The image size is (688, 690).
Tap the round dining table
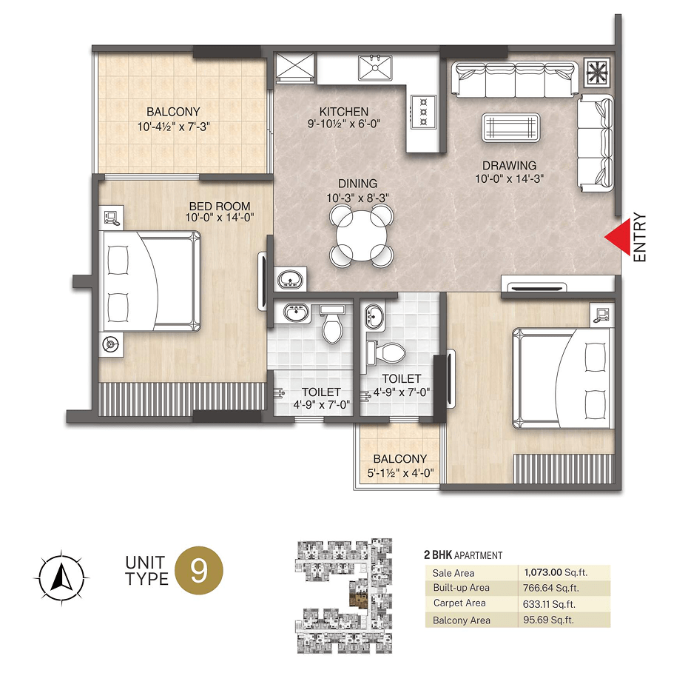click(x=361, y=236)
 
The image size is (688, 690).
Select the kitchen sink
click(x=375, y=68)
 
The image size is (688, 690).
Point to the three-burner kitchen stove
click(x=423, y=111)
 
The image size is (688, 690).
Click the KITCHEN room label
click(x=344, y=112)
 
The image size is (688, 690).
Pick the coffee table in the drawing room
click(x=511, y=128)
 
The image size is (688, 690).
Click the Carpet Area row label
click(x=459, y=603)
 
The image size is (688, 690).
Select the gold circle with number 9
click(x=199, y=571)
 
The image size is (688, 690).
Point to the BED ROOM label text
click(x=220, y=206)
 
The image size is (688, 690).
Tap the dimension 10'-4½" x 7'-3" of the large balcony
click(x=174, y=127)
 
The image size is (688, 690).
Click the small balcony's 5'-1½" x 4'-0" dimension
click(x=400, y=473)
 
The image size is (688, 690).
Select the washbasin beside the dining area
click(x=290, y=279)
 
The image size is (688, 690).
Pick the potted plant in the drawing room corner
click(x=598, y=72)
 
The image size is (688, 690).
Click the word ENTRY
click(x=640, y=238)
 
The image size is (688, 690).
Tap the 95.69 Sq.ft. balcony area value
click(x=549, y=620)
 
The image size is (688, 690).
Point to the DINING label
click(x=357, y=184)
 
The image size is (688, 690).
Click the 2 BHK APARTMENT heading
click(x=463, y=555)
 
